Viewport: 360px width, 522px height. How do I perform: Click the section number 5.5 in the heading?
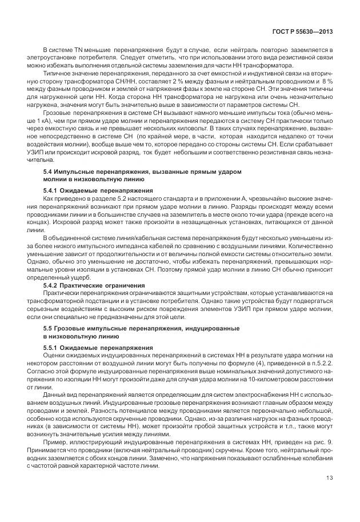(x=49, y=329)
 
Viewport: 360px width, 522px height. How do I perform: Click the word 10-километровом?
(x=282, y=378)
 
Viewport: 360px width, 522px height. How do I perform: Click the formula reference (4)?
(x=245, y=362)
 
